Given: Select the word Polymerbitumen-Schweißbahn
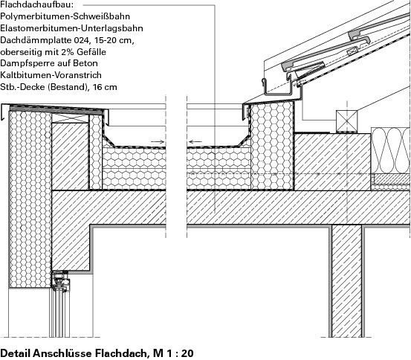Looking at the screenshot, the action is pos(65,16).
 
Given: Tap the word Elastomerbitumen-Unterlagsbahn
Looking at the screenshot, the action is pos(71,28).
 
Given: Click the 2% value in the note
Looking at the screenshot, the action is pos(68,52).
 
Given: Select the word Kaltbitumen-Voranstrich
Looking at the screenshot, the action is pos(51,75).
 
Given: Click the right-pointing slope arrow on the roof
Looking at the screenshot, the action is pos(158,142).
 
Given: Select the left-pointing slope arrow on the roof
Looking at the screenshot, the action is pos(195,142).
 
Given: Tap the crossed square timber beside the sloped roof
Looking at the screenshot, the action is pos(346,121).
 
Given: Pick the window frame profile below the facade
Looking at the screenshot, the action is pos(61,282).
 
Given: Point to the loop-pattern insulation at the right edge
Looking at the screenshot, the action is pos(390,150).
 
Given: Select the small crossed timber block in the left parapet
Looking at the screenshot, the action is pos(71,118).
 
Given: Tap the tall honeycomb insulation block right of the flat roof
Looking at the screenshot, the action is pos(272,146).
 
